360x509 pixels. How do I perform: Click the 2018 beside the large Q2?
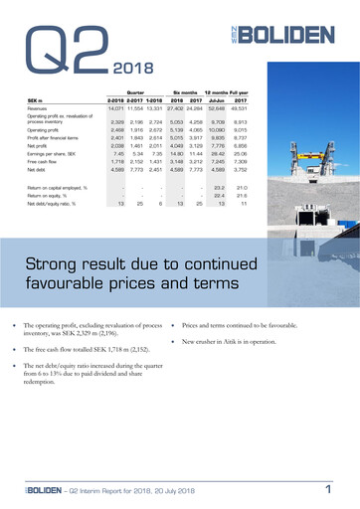(x=125, y=71)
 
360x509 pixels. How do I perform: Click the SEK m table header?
(x=35, y=100)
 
